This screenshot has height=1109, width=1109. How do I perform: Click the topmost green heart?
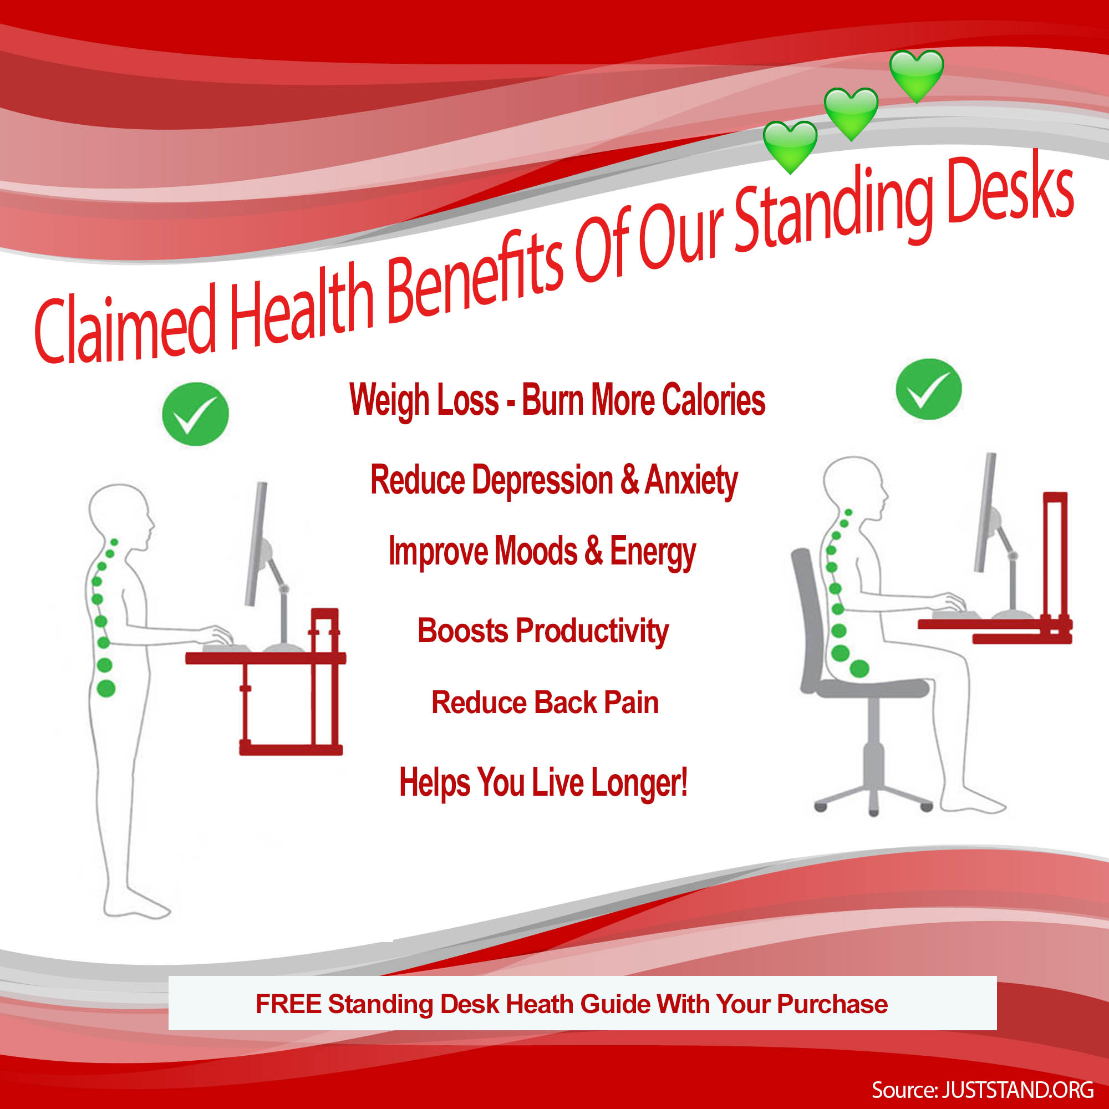click(x=916, y=75)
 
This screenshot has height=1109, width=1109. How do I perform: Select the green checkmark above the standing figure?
click(x=195, y=414)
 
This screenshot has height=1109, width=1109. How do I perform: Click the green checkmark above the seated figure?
click(x=929, y=389)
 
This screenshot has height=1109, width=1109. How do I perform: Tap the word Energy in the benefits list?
click(x=653, y=552)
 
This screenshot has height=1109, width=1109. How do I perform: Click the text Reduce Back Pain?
click(x=545, y=703)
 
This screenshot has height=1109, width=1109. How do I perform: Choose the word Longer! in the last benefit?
click(x=639, y=783)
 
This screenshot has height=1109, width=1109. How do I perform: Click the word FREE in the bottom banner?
click(x=288, y=1004)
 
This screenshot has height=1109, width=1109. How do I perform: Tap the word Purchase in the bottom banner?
click(x=832, y=1005)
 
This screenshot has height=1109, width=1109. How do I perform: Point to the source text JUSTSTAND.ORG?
click(x=1018, y=1089)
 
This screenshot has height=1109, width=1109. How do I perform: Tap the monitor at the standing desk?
click(x=256, y=543)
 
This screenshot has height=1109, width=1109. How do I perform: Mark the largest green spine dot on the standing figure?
click(x=106, y=689)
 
